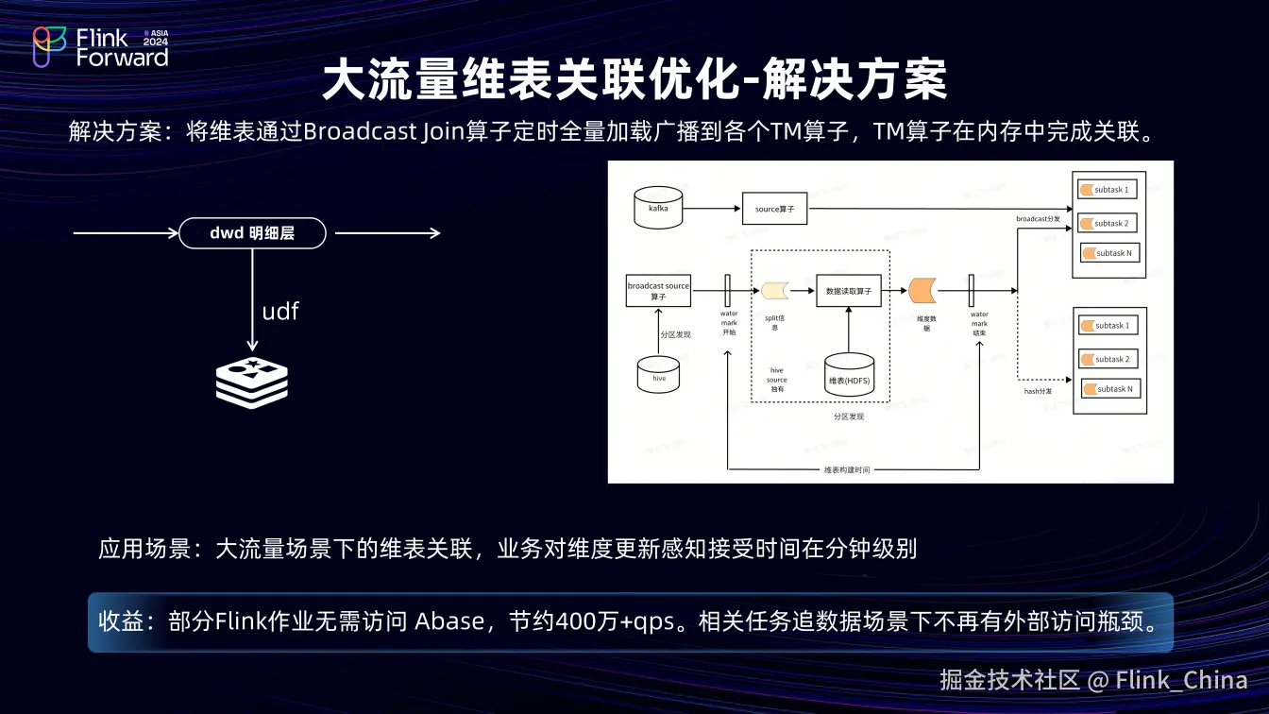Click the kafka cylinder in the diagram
click(658, 208)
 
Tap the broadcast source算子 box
click(658, 290)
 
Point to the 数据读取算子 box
click(848, 291)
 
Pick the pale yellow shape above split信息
click(775, 290)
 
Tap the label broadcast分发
click(1038, 219)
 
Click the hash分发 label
click(1038, 390)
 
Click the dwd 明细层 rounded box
click(252, 233)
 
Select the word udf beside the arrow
click(280, 311)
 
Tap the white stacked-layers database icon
click(252, 382)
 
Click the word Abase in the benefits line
click(449, 622)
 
